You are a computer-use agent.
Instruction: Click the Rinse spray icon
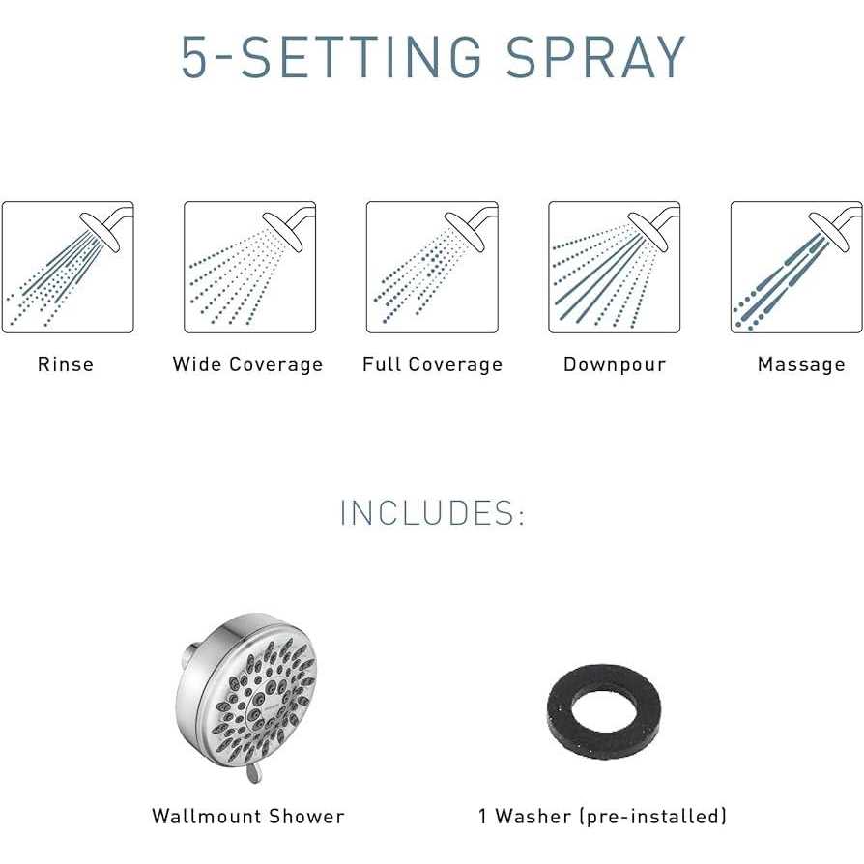pyautogui.click(x=68, y=267)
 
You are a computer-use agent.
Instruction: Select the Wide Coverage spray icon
pyautogui.click(x=249, y=267)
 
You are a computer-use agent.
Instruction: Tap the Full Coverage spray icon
pyautogui.click(x=432, y=267)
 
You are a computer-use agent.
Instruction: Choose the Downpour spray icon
pyautogui.click(x=614, y=267)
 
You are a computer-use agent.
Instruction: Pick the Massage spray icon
pyautogui.click(x=795, y=267)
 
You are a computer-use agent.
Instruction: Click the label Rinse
pyautogui.click(x=66, y=364)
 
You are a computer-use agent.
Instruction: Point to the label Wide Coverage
pyautogui.click(x=247, y=364)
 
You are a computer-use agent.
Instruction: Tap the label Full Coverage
pyautogui.click(x=432, y=364)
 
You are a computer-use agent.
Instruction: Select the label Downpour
pyautogui.click(x=614, y=364)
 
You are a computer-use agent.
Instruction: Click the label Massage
pyautogui.click(x=801, y=364)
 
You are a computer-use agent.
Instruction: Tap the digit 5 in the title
pyautogui.click(x=197, y=58)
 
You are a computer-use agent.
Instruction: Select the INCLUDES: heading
pyautogui.click(x=432, y=513)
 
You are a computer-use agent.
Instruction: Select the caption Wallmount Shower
pyautogui.click(x=248, y=816)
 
